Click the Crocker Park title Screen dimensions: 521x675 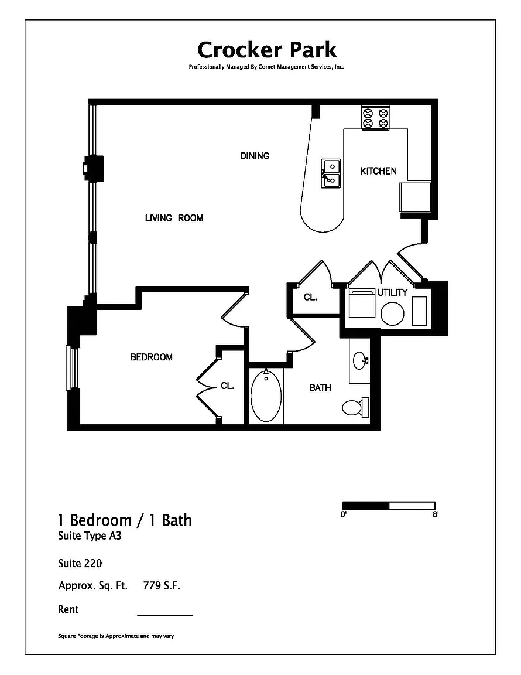tap(267, 50)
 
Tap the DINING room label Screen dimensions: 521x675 tap(255, 156)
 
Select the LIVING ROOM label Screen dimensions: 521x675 tap(174, 218)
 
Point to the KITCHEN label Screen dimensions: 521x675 tap(378, 171)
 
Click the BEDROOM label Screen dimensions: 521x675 tap(151, 357)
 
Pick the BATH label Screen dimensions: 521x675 tap(320, 387)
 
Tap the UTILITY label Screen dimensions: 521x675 tap(392, 292)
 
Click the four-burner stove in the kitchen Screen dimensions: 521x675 tap(375, 118)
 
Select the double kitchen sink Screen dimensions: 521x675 tap(330, 173)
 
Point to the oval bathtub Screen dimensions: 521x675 tap(266, 396)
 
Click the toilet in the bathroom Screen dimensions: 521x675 tap(356, 407)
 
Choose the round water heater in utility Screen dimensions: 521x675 tap(392, 313)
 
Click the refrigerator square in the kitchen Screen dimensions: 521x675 tap(414, 197)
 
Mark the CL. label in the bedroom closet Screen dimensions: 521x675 tap(228, 386)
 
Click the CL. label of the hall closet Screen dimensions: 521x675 tap(310, 297)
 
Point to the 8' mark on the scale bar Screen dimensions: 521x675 tap(436, 514)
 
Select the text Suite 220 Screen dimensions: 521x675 tap(80, 563)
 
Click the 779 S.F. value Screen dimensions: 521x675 tap(162, 585)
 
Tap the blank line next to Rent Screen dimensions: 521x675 tap(164, 615)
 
